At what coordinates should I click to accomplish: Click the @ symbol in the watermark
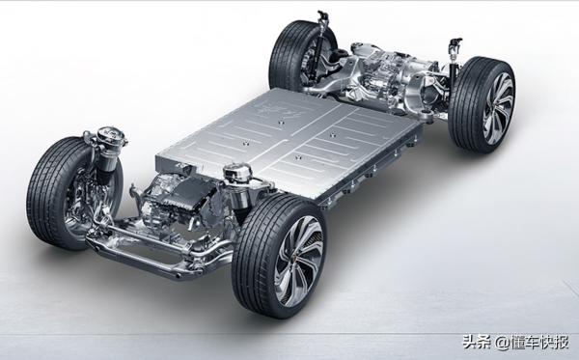click(502, 343)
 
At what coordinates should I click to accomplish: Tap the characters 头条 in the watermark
click(477, 343)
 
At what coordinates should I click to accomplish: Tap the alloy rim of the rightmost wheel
click(499, 108)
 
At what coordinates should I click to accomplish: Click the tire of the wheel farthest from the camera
click(287, 55)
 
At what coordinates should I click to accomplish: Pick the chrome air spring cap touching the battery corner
click(237, 173)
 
